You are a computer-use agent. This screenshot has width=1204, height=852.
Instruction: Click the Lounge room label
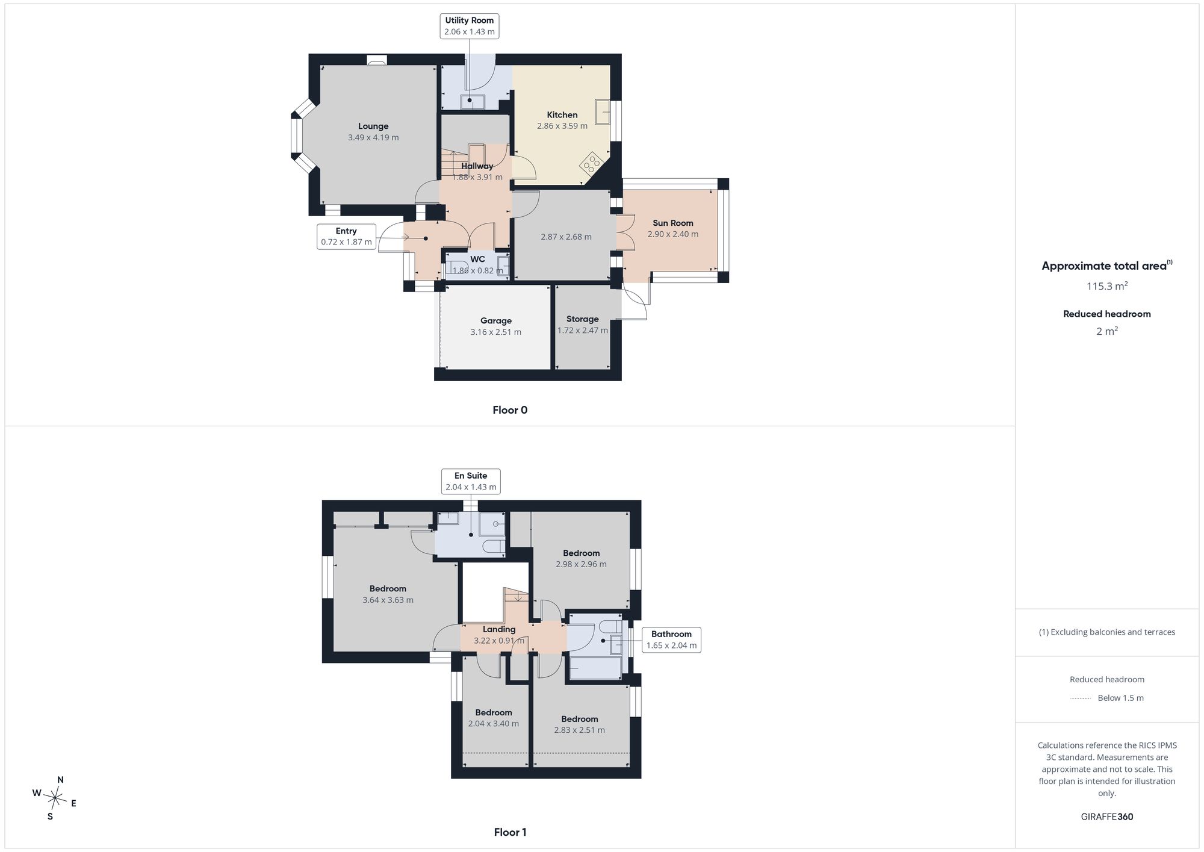pos(373,126)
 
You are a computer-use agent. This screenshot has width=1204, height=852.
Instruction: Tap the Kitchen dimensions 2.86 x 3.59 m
pos(562,126)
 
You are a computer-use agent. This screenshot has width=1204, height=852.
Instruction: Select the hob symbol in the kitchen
pos(591,161)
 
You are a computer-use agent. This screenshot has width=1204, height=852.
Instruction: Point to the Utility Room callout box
pos(470,26)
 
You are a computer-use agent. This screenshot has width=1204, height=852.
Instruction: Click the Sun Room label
pos(673,223)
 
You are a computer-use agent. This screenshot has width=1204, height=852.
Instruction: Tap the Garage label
pos(496,321)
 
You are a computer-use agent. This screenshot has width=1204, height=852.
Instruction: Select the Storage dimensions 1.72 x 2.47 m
pos(583,331)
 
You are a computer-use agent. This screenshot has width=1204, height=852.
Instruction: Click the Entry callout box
pos(346,237)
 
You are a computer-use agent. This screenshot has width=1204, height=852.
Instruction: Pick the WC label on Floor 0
pos(477,260)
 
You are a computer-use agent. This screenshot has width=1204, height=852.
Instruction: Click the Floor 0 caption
pos(510,410)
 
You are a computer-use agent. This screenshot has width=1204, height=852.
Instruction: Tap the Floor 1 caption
pos(510,832)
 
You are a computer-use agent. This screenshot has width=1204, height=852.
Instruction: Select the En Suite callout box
pos(471,481)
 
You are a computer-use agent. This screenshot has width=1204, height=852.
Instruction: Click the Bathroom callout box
pos(671,639)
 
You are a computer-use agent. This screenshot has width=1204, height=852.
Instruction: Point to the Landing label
pos(499,629)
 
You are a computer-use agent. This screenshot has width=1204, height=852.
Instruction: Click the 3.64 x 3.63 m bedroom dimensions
pos(388,600)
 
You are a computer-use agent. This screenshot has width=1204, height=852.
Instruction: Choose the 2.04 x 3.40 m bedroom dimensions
pos(494,724)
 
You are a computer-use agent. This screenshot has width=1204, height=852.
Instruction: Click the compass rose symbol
pos(55,798)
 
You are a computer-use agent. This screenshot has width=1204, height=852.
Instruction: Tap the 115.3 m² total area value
pos(1107,286)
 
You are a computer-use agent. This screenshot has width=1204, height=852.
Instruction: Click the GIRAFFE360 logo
pos(1107,817)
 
